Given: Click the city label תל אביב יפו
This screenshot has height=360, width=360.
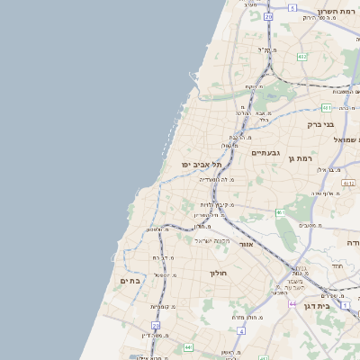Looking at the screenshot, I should point(200,165).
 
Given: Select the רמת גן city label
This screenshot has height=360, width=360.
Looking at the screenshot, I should point(301,158).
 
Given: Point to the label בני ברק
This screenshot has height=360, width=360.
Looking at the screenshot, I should point(320,124).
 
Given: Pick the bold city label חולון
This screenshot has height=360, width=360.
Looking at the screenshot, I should point(219,273).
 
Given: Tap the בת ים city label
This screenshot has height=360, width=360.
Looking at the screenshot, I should point(130,282).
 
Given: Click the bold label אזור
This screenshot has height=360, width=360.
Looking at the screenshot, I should point(247,244).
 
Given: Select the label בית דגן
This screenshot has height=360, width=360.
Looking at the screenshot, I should point(336,307).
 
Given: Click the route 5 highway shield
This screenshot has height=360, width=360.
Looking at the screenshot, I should point(292,7).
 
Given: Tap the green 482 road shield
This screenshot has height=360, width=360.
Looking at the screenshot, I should point(302,56).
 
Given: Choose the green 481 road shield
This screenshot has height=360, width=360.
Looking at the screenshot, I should point(326,107).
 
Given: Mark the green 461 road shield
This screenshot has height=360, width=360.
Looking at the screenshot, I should point(280,212).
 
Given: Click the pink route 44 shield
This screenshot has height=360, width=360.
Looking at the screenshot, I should point(292,304).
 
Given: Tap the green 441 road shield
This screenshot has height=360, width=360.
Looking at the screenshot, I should point(188,346).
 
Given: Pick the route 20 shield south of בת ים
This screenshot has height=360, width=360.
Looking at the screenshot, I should point(156,326).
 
